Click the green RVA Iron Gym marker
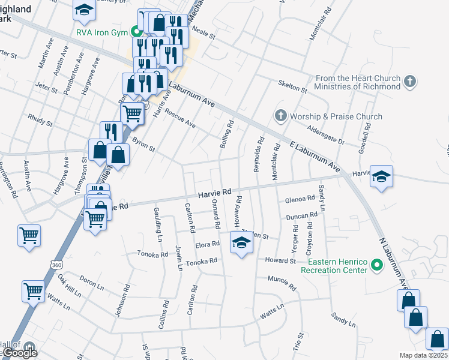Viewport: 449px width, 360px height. (x=136, y=32)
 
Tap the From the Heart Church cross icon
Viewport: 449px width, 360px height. (x=410, y=81)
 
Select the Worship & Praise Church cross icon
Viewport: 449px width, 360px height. (x=280, y=116)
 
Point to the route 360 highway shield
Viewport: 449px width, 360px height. (x=56, y=264)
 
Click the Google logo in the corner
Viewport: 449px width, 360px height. (x=20, y=352)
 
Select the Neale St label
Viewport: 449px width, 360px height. (x=204, y=35)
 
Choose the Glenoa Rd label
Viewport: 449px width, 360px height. (x=300, y=199)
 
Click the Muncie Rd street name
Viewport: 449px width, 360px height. (x=282, y=284)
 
